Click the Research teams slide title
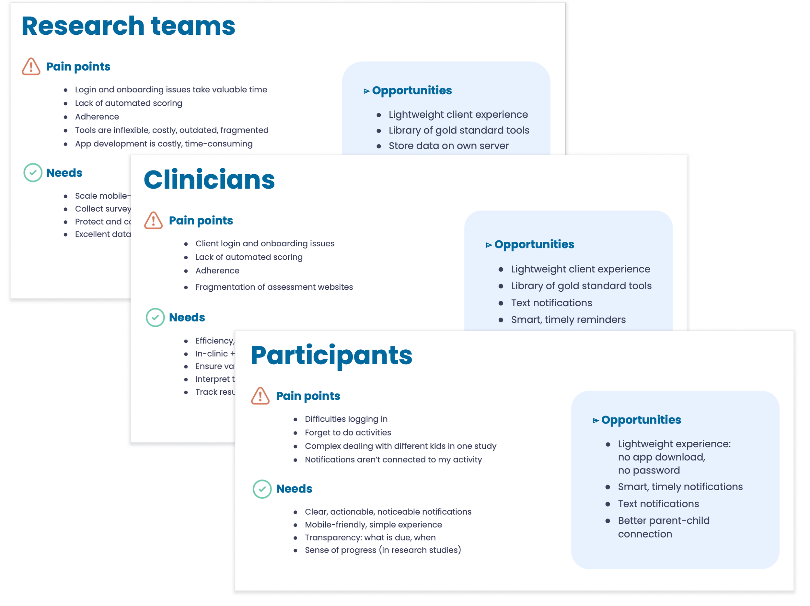(x=128, y=26)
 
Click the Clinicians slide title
(x=209, y=180)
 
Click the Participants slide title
(x=331, y=355)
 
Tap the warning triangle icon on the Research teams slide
(x=31, y=67)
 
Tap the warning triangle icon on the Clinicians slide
(x=154, y=220)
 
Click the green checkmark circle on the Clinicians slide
(x=155, y=318)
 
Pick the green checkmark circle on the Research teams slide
(x=33, y=172)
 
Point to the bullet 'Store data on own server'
(x=448, y=146)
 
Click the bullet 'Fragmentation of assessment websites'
(x=274, y=287)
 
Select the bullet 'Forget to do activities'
(x=348, y=432)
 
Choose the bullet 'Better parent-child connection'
(x=664, y=527)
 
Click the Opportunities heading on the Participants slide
(x=641, y=420)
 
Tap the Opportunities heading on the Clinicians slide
(x=534, y=244)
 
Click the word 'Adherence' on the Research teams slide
(x=97, y=117)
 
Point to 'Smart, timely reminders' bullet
(x=568, y=320)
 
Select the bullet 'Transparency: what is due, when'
(x=370, y=537)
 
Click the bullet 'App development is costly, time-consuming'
(x=164, y=144)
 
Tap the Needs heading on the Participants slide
(x=294, y=489)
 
